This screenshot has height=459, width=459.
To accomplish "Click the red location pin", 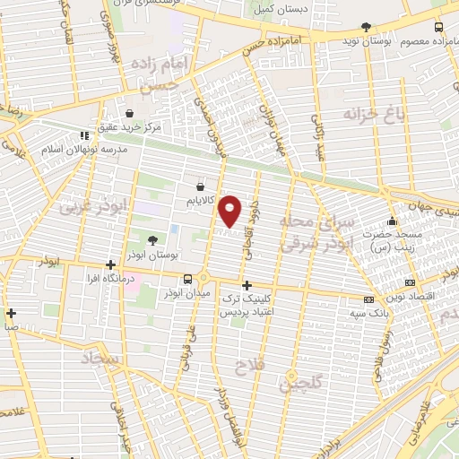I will click(x=231, y=210).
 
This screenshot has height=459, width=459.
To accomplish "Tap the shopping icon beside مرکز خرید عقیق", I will click(x=131, y=114).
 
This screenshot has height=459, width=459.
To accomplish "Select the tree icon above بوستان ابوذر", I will click(x=152, y=240).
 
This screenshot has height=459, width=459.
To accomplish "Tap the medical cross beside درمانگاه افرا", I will click(x=110, y=264).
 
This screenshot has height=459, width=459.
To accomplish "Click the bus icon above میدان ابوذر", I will click(x=187, y=278).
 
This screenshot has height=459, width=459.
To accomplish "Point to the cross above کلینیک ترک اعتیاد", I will click(x=247, y=285).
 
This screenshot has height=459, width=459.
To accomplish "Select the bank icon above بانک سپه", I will click(x=369, y=299).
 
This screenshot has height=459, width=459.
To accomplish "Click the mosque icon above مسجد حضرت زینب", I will click(x=391, y=222).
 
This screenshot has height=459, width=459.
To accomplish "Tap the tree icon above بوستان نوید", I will click(x=365, y=28).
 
